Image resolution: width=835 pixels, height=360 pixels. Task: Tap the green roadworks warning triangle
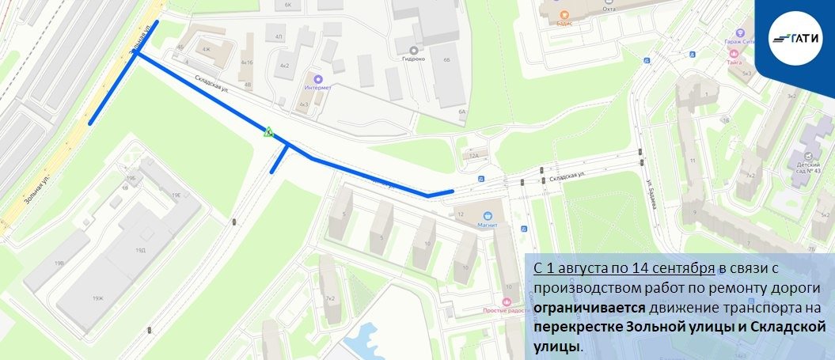(269, 132)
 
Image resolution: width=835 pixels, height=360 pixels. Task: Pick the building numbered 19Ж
(97, 298)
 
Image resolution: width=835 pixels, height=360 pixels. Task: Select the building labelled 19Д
(140, 250)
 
